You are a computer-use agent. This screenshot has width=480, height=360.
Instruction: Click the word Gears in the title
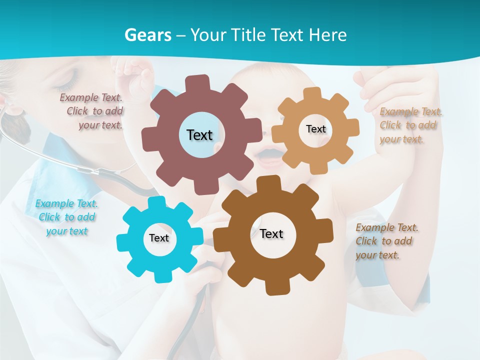pyautogui.click(x=147, y=35)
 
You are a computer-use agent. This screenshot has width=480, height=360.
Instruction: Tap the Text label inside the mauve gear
pyautogui.click(x=199, y=135)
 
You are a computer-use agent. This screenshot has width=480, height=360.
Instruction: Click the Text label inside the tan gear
pyautogui.click(x=315, y=129)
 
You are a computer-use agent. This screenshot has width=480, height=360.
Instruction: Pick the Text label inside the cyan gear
pyautogui.click(x=159, y=238)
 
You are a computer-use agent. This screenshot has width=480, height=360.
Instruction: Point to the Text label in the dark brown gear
pyautogui.click(x=271, y=233)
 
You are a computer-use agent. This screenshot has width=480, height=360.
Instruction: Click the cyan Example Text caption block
pyautogui.click(x=66, y=217)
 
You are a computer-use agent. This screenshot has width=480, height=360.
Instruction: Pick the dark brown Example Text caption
pyautogui.click(x=386, y=241)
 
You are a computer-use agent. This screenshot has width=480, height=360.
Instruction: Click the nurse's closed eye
pyautogui.click(x=70, y=77)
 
